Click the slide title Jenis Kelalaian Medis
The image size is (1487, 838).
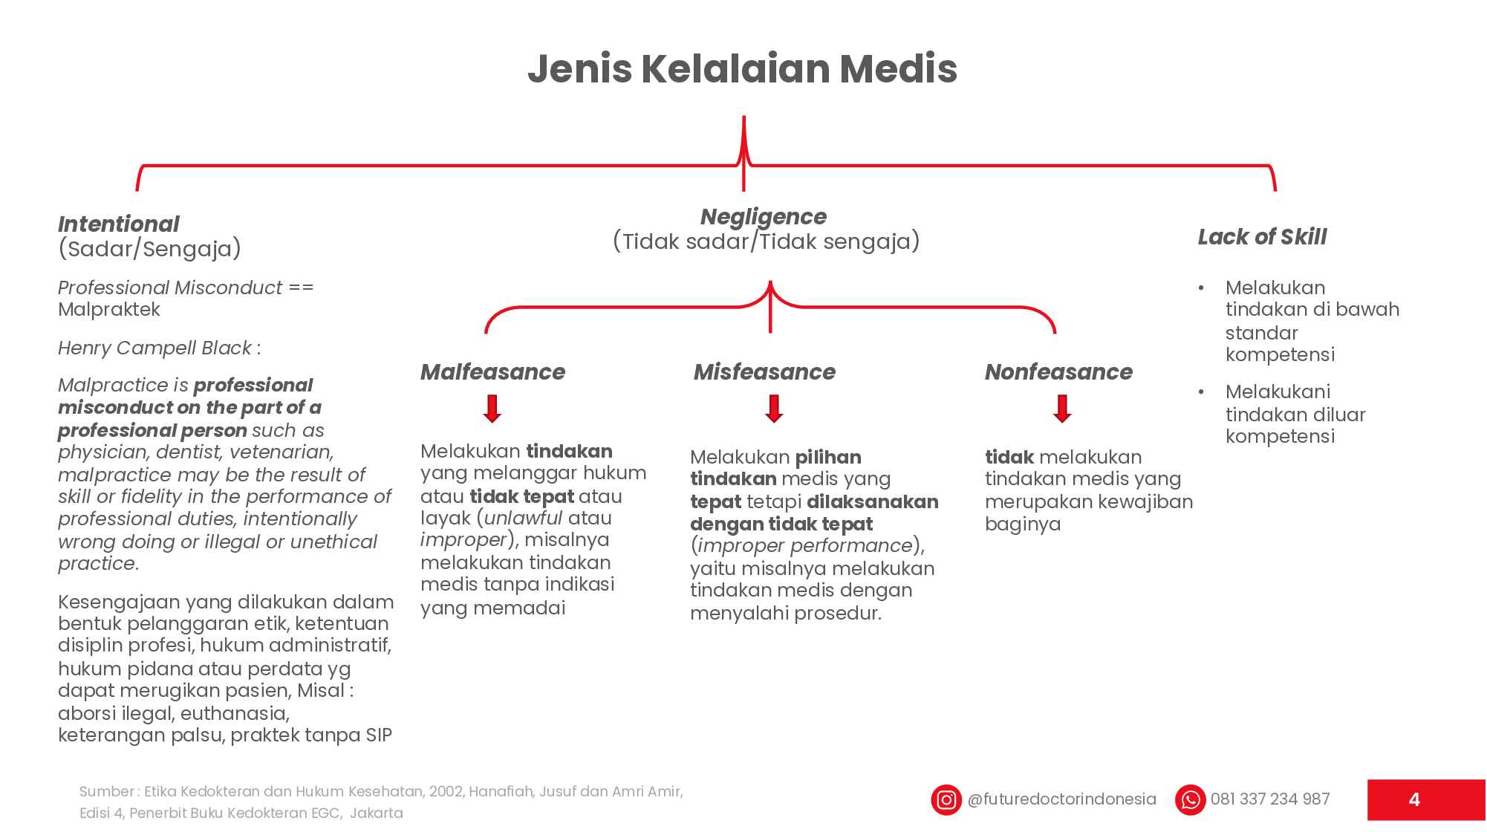click(742, 69)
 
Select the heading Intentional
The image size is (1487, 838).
click(119, 224)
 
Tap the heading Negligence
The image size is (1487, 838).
click(764, 217)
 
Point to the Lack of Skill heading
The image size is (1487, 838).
click(1262, 237)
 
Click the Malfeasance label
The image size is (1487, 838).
click(492, 371)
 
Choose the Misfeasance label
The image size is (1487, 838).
click(764, 371)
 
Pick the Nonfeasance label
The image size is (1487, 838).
click(1058, 371)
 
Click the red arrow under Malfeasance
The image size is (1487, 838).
click(492, 409)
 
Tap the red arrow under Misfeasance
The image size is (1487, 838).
click(774, 409)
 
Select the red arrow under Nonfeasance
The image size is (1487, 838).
click(1062, 409)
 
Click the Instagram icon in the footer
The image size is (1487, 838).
click(946, 800)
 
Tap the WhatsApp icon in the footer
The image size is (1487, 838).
click(1190, 800)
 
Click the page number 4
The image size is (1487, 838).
click(1414, 800)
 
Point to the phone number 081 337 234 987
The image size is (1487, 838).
click(1270, 799)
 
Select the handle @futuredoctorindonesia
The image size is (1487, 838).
click(1062, 799)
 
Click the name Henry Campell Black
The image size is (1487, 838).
click(154, 348)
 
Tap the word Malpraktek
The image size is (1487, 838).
click(109, 309)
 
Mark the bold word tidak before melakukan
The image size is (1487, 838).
click(1009, 457)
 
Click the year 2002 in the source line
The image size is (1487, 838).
click(446, 791)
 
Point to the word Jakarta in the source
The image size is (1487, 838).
click(376, 813)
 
